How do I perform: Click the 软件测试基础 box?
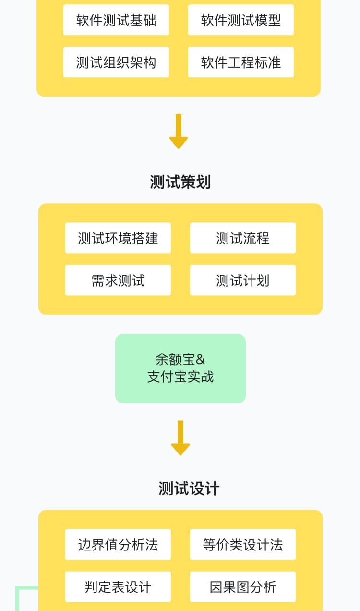(x=116, y=20)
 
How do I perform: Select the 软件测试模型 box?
(x=241, y=20)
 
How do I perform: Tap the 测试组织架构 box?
(x=116, y=62)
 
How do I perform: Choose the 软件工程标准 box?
(x=241, y=62)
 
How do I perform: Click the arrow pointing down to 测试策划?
(x=179, y=132)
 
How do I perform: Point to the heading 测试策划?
(x=180, y=183)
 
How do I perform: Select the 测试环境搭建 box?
(x=118, y=238)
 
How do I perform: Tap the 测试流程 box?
(x=243, y=238)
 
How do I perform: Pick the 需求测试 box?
(x=118, y=281)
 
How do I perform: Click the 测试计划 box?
(x=243, y=281)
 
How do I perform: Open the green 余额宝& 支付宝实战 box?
(x=180, y=368)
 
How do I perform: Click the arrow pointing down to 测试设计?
(x=180, y=438)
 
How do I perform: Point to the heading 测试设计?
(x=189, y=489)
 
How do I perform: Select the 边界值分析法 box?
(x=118, y=545)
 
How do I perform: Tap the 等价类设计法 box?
(x=243, y=545)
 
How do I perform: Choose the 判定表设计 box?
(x=118, y=587)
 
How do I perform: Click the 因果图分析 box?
(x=243, y=587)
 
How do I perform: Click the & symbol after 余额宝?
(x=201, y=360)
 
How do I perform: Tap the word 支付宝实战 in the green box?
(x=180, y=377)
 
